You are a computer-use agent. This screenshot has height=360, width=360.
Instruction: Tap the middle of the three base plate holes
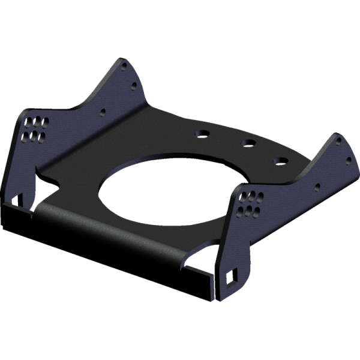pos(248,144)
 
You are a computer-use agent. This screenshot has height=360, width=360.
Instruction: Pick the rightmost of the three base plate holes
pos(280,161)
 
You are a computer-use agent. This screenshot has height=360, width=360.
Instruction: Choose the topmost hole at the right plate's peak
pos(337,140)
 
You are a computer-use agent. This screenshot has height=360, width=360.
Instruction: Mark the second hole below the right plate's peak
pos(347,159)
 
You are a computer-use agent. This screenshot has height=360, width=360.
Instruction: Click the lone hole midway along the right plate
pos(318,186)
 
